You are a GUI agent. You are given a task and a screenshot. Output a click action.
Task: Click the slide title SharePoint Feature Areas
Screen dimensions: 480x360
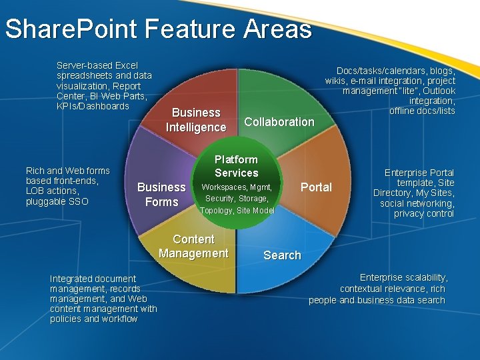pos(158,29)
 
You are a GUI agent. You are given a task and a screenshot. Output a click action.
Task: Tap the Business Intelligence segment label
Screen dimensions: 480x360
pos(195,120)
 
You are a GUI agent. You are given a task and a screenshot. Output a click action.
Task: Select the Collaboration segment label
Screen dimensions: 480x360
pos(279,121)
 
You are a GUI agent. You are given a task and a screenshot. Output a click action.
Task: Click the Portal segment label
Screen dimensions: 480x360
pos(316,187)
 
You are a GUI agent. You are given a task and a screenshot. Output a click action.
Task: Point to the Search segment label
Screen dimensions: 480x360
pos(282,255)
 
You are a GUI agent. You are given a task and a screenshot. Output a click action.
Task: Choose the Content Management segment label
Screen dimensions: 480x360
pos(193,246)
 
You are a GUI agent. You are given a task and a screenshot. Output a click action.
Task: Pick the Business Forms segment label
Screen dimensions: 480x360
pos(161,195)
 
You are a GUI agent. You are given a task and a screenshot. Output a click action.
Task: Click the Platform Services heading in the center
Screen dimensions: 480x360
pos(236,166)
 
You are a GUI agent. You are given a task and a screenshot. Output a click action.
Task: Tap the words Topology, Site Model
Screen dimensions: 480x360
pos(237,211)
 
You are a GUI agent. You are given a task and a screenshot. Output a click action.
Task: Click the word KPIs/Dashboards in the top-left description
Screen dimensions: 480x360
pos(93,106)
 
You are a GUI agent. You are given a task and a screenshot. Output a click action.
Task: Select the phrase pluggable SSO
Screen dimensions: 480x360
pos(57,201)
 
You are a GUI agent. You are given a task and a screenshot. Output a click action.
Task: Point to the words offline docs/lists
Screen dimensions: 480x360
pos(422,111)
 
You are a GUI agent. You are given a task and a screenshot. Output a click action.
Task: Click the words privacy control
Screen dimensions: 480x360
pos(424,214)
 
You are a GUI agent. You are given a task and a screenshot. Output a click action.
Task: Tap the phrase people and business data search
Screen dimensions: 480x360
pos(377,300)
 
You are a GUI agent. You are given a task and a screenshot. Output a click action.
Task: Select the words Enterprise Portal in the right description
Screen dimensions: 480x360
pos(419,173)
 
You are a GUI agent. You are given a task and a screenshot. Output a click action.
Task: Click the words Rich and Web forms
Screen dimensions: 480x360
pos(67,171)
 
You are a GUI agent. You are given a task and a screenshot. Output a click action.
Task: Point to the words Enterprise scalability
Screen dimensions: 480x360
pos(403,277)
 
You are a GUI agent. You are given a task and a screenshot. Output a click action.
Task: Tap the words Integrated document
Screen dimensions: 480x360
pos(93,279)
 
